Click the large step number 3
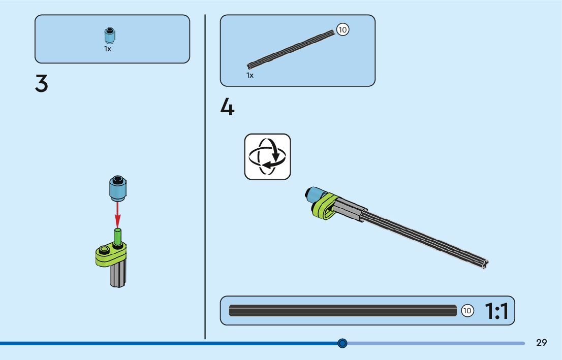coord(42,83)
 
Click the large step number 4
coord(227,107)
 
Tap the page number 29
coord(542,343)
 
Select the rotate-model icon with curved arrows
coord(267,157)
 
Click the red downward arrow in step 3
coord(117,214)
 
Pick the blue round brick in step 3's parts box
coord(110,36)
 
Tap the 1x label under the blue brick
coord(108,49)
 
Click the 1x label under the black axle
coord(250,75)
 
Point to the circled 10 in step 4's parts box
coord(342,30)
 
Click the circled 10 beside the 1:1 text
coord(467,311)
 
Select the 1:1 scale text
coord(496,311)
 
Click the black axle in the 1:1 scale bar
coord(342,311)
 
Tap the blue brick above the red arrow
coord(117,188)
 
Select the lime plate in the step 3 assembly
coord(111,254)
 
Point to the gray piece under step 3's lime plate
coord(117,275)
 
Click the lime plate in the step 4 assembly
coord(325,206)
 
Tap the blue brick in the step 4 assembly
coord(316,195)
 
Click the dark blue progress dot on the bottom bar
coord(342,343)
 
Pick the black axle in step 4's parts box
coord(291,49)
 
